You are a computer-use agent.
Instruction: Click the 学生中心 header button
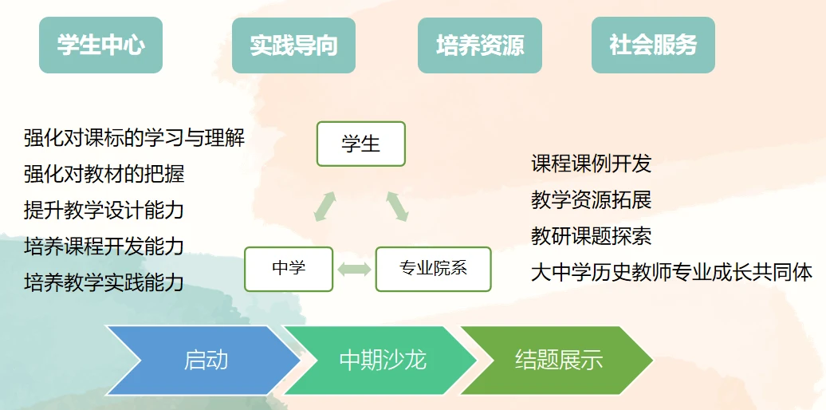point(100,45)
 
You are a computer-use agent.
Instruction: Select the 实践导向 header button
point(293,45)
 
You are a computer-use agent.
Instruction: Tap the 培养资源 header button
point(479,45)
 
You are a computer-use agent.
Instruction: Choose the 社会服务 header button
point(652,45)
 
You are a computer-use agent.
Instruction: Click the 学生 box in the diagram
point(360,144)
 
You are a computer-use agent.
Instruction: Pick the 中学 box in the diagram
point(289,269)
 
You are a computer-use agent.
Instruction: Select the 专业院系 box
point(433,269)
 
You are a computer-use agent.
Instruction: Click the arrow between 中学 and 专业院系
point(354,270)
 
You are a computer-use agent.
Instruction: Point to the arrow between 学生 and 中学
point(324,206)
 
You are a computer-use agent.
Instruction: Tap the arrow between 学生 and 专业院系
point(397,205)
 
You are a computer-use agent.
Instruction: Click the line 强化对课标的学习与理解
point(134,138)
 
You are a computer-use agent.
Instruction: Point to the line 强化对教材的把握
point(104,174)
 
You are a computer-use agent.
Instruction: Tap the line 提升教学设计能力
point(104,210)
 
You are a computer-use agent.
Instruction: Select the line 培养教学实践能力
point(104,282)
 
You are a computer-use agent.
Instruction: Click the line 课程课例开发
point(591,164)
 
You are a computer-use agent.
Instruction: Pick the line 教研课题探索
point(591,236)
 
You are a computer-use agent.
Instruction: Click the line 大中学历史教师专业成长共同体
point(671,273)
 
